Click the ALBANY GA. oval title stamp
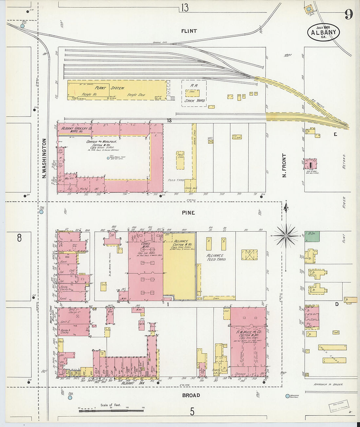pyautogui.click(x=323, y=32)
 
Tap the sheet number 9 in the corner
pyautogui.click(x=349, y=14)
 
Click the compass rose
pyautogui.click(x=286, y=235)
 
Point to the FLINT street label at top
pyautogui.click(x=189, y=31)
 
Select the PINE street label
pyautogui.click(x=189, y=213)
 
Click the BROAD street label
pyautogui.click(x=191, y=395)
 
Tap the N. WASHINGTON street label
pyautogui.click(x=44, y=158)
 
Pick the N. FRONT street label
pyautogui.click(x=284, y=166)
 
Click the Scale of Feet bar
pyautogui.click(x=111, y=409)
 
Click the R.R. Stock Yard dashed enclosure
pyautogui.click(x=194, y=93)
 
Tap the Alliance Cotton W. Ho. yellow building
pyautogui.click(x=179, y=265)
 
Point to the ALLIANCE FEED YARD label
pyautogui.click(x=215, y=258)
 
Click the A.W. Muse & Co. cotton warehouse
pyautogui.click(x=248, y=340)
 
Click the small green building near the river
pyautogui.click(x=312, y=236)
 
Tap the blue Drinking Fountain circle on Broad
pyautogui.click(x=287, y=396)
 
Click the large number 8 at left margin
pyautogui.click(x=19, y=238)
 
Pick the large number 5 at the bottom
pyautogui.click(x=192, y=411)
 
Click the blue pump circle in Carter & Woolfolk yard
pyautogui.click(x=108, y=158)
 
